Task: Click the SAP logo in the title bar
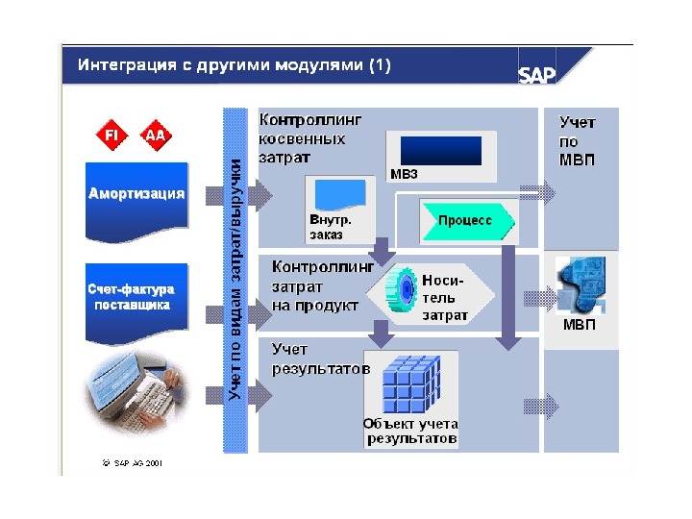pyautogui.click(x=536, y=75)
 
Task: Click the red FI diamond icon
pyautogui.click(x=111, y=135)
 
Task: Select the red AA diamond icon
pyautogui.click(x=154, y=135)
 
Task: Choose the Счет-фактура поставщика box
pyautogui.click(x=131, y=298)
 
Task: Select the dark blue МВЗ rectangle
pyautogui.click(x=439, y=150)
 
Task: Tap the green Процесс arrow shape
pyautogui.click(x=467, y=220)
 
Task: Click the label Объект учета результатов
pyautogui.click(x=410, y=431)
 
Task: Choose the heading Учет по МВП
pyautogui.click(x=577, y=140)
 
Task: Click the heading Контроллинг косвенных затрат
pyautogui.click(x=310, y=138)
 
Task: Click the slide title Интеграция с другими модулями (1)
pyautogui.click(x=235, y=65)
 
